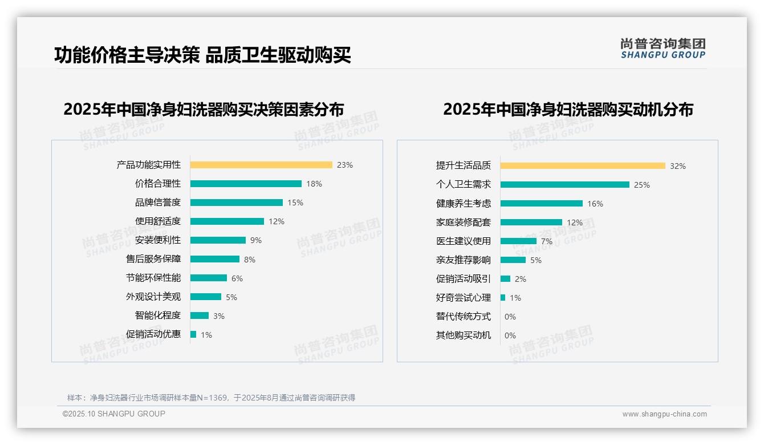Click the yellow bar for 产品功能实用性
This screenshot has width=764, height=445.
click(x=261, y=165)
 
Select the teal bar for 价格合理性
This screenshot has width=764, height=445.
click(x=246, y=184)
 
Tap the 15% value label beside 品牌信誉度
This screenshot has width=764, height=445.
click(x=295, y=203)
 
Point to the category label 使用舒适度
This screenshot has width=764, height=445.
click(x=158, y=221)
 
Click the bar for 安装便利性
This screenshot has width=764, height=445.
click(x=218, y=240)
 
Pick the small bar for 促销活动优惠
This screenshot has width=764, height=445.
click(x=193, y=334)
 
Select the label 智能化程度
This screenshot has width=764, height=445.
click(x=158, y=315)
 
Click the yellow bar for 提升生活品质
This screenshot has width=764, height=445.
click(x=583, y=166)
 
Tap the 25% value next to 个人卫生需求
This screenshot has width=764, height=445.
click(x=642, y=185)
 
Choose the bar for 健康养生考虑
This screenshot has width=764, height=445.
click(x=542, y=204)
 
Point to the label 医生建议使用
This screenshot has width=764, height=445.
click(x=464, y=241)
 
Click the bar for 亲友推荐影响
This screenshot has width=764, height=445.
click(x=513, y=260)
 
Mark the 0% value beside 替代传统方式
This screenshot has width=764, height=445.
click(x=510, y=317)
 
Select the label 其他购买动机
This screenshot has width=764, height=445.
click(x=464, y=335)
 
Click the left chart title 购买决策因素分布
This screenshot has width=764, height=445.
click(x=204, y=109)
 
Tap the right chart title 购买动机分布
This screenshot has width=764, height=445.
click(x=568, y=109)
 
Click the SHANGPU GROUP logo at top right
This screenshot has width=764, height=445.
click(x=663, y=48)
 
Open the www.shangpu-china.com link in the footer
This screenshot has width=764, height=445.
click(x=664, y=414)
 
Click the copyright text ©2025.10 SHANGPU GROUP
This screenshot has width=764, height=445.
click(x=114, y=414)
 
